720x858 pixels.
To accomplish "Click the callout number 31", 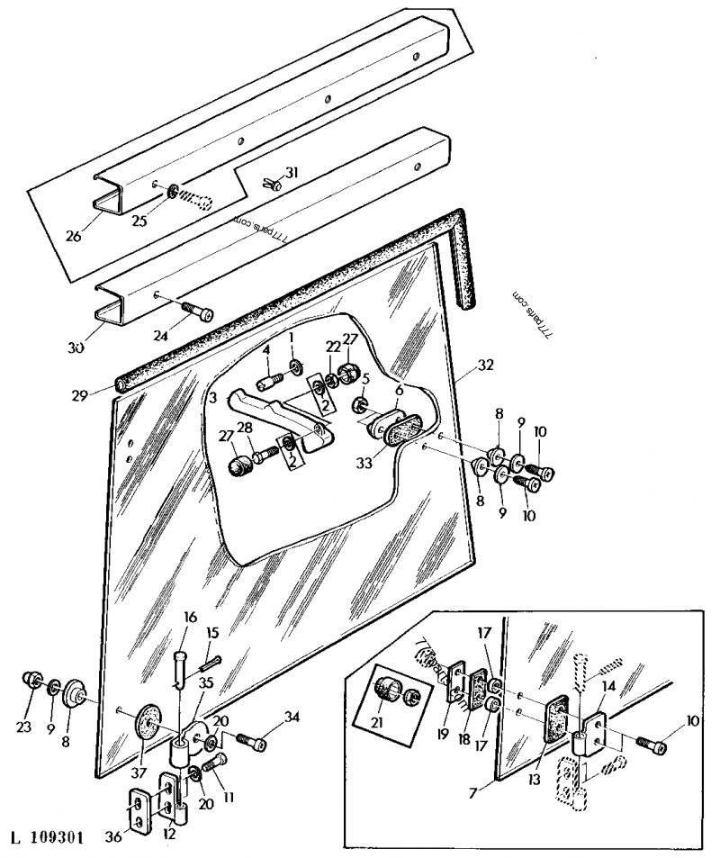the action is [x=292, y=173].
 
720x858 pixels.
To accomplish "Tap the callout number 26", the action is [x=73, y=236].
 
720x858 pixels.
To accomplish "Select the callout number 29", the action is [x=80, y=394].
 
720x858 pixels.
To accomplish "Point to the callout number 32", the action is [x=486, y=365].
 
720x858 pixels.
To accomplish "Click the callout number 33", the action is [x=364, y=463].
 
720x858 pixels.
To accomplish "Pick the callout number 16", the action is [x=190, y=618].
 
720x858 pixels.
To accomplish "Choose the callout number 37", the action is [x=138, y=772].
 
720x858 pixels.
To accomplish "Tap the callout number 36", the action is [x=113, y=838].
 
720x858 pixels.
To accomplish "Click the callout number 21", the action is [x=376, y=723].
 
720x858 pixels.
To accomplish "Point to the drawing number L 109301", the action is [x=48, y=838].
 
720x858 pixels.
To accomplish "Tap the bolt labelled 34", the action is [x=252, y=742].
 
